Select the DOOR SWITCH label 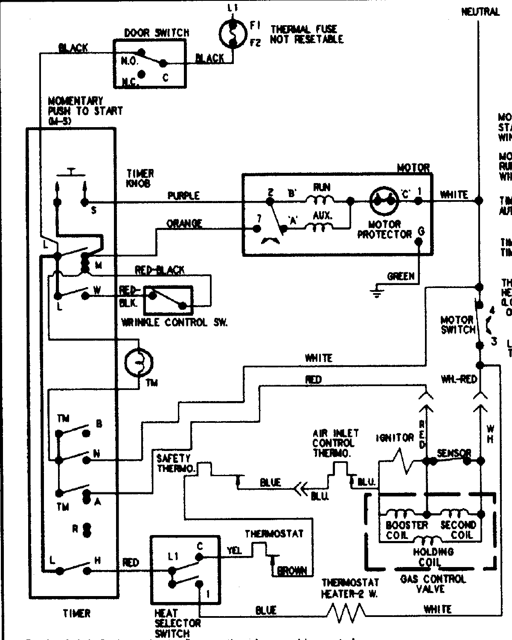click(157, 32)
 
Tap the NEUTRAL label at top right click(480, 12)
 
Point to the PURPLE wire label click(183, 195)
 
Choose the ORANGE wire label click(184, 223)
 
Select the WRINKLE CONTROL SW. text click(174, 323)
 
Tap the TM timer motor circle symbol click(139, 362)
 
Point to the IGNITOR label click(395, 438)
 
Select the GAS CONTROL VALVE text click(433, 584)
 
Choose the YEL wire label click(234, 551)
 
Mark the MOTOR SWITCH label click(458, 324)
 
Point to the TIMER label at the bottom click(77, 613)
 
